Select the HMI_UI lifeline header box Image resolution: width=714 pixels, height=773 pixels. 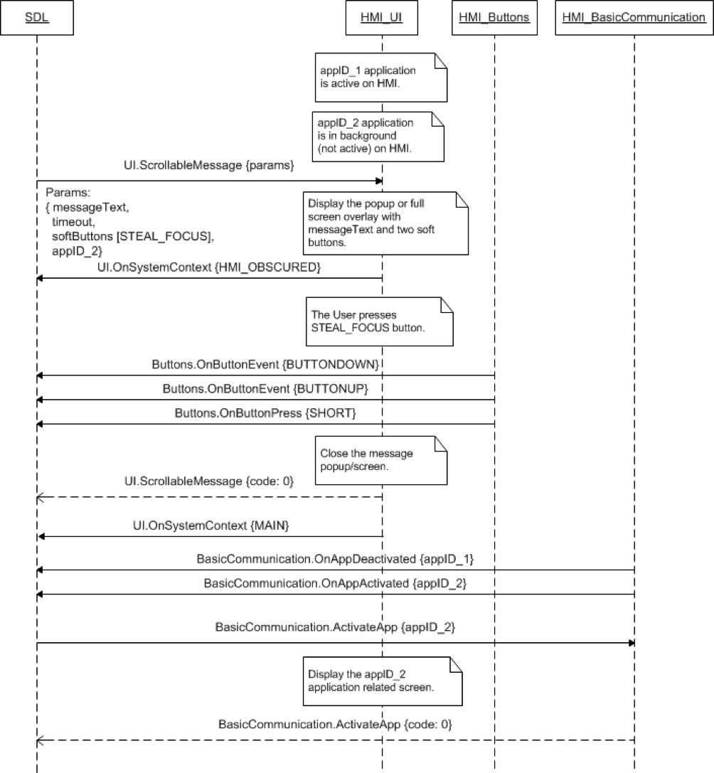pyautogui.click(x=383, y=17)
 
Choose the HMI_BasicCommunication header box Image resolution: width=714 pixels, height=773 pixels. pyautogui.click(x=633, y=17)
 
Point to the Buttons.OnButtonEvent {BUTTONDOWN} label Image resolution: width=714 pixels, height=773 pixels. pyautogui.click(x=265, y=364)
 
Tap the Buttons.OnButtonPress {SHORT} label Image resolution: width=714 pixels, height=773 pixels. pyautogui.click(x=265, y=413)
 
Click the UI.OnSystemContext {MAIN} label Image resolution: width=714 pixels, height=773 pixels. pyautogui.click(x=210, y=525)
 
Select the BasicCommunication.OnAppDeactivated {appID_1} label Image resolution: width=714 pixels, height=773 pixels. pyautogui.click(x=335, y=559)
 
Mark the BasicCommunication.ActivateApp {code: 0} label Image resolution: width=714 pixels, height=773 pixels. pyautogui.click(x=335, y=725)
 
